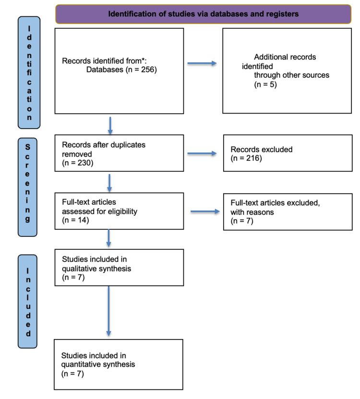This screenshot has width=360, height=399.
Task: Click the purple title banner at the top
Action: point(204,13)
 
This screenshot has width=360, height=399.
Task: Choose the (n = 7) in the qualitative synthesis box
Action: point(73,277)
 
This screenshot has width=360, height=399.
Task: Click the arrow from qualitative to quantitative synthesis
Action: point(108,312)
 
